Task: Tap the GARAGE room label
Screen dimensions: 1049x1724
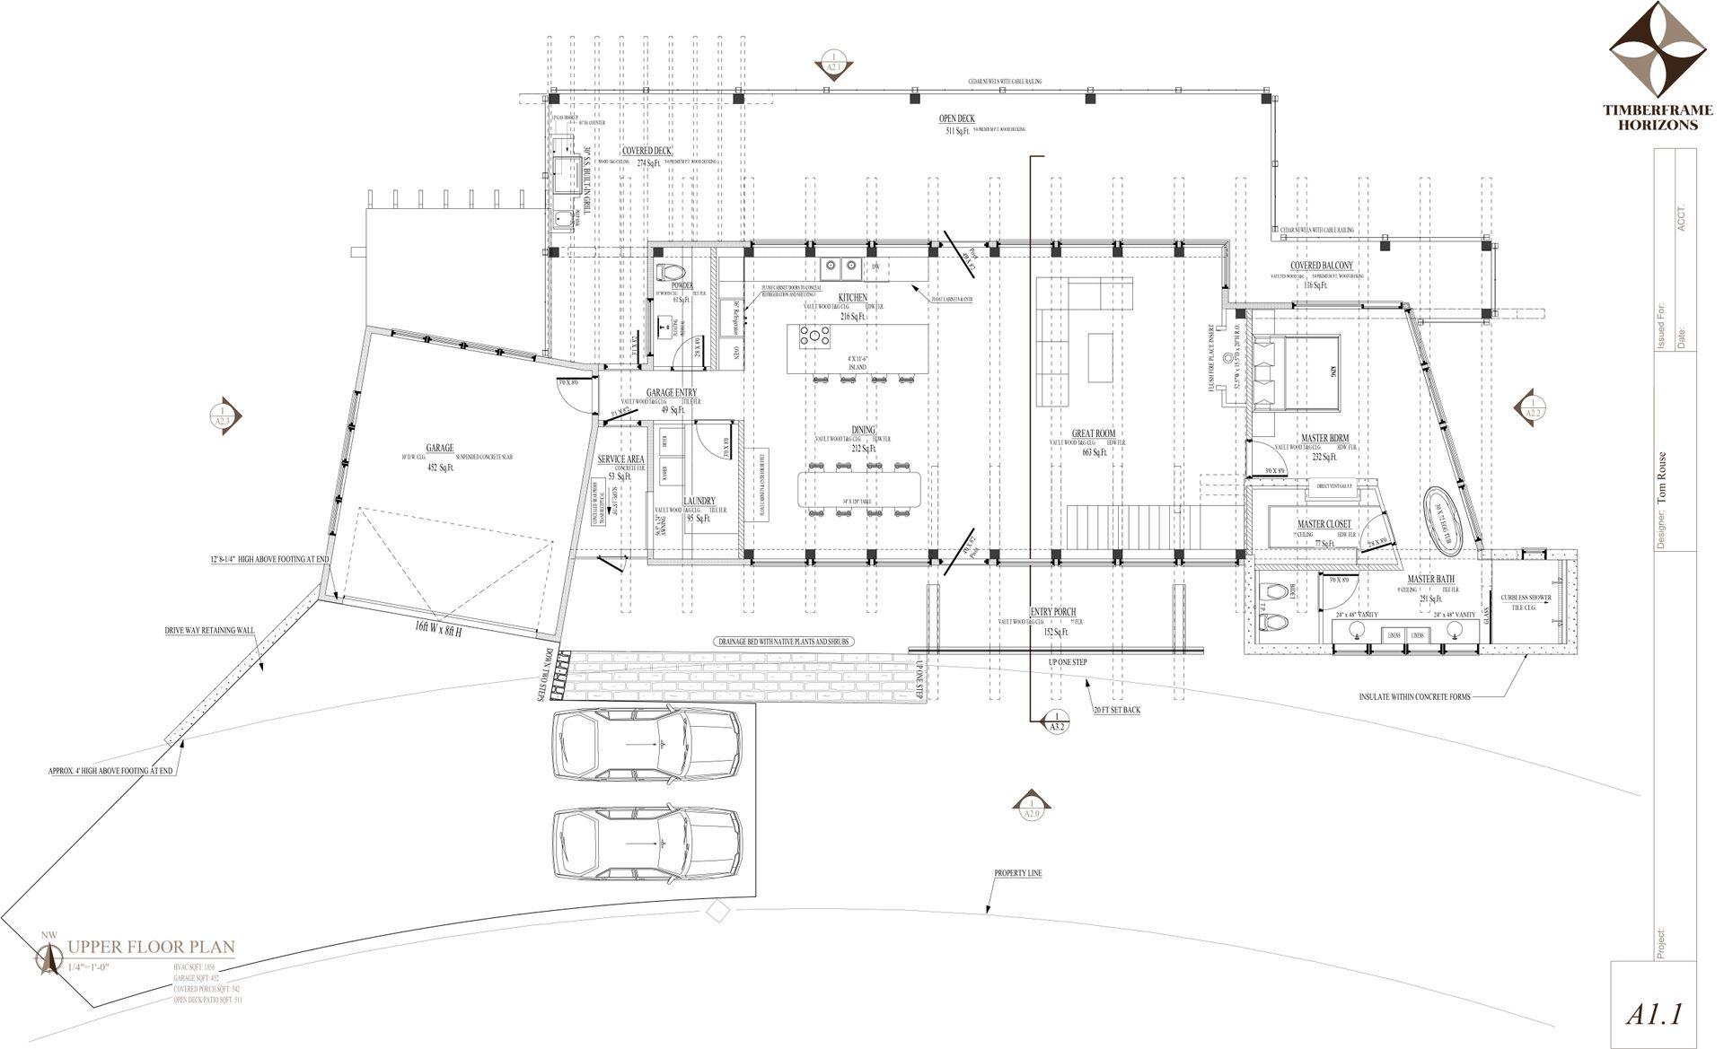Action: click(440, 448)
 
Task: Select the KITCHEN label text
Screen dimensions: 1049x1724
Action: click(852, 297)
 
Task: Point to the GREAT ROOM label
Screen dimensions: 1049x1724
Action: click(1093, 433)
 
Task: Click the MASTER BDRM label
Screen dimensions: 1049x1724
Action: click(1324, 439)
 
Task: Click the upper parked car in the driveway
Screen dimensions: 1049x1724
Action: click(646, 745)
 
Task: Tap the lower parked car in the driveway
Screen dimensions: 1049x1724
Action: click(646, 844)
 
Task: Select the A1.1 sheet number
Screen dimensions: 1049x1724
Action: click(1653, 1015)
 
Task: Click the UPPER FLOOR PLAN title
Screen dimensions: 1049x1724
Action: click(151, 946)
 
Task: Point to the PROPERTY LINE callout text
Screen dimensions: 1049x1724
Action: click(1017, 873)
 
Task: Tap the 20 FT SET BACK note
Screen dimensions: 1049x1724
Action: click(1116, 710)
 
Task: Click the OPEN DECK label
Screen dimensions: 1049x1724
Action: click(956, 118)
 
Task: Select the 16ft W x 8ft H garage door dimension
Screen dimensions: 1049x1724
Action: click(438, 626)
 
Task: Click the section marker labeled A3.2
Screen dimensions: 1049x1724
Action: click(1056, 721)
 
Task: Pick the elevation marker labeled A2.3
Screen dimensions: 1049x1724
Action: click(222, 415)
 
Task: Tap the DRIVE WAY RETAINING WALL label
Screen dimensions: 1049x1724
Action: click(202, 630)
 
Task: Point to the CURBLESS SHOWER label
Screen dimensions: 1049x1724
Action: click(1526, 598)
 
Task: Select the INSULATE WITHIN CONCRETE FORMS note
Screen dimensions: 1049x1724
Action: click(1414, 696)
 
